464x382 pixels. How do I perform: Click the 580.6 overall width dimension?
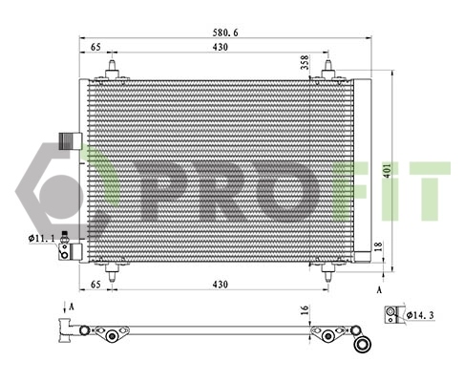click(x=225, y=32)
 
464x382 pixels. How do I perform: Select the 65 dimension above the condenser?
click(x=96, y=46)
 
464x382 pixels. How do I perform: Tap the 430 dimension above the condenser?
click(x=220, y=46)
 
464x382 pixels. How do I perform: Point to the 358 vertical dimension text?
click(x=305, y=63)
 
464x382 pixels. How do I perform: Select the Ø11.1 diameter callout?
click(x=42, y=237)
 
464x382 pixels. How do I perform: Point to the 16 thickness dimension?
click(x=305, y=311)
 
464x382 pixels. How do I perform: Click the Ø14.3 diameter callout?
click(x=420, y=313)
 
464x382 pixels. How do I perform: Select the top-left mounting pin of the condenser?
click(x=114, y=70)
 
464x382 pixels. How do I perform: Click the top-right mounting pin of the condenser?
click(x=328, y=70)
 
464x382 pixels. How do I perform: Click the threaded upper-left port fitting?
click(x=67, y=140)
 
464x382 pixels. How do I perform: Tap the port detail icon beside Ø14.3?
click(x=391, y=313)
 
